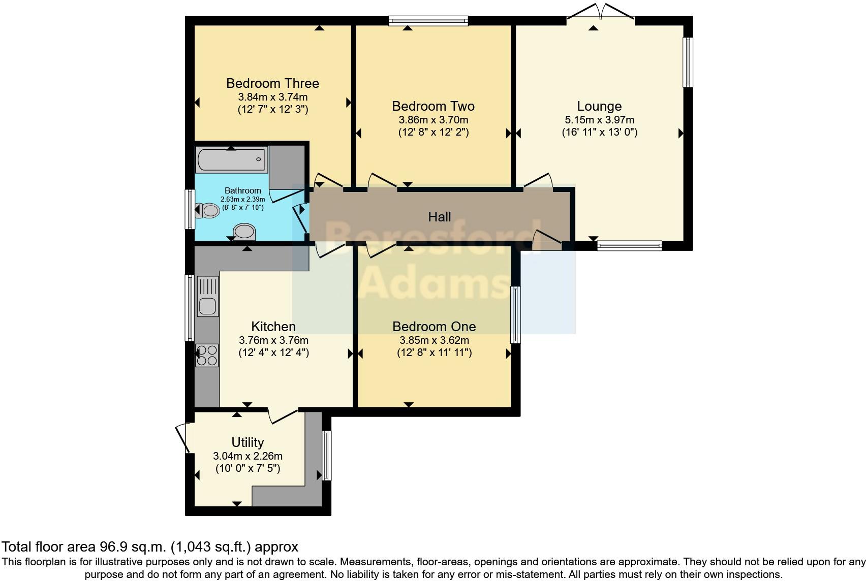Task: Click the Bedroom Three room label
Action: coord(272,83)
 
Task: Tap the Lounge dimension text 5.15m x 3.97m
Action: coord(599,120)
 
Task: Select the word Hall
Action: coord(440,217)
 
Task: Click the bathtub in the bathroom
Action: coord(231,160)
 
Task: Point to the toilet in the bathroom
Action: coord(208,210)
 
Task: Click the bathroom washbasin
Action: coord(244,232)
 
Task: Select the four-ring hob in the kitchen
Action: coord(207,355)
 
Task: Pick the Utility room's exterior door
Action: coord(182,438)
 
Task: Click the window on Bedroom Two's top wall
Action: coord(428,21)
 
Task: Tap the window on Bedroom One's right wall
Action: coord(515,315)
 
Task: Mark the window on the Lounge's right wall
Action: coord(688,62)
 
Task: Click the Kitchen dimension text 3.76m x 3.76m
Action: coord(273,340)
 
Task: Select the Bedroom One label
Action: coord(434,327)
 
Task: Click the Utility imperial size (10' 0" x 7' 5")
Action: coord(248,468)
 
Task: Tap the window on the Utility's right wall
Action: coord(326,456)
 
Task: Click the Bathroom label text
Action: coord(242,190)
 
